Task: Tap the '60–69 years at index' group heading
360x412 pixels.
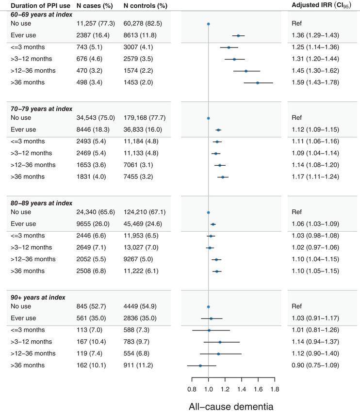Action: (x=41, y=15)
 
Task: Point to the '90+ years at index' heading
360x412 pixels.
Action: (x=37, y=297)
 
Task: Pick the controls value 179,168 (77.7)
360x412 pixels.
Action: (x=145, y=118)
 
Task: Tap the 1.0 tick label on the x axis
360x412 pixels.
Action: (x=208, y=388)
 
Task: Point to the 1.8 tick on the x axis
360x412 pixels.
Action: (x=275, y=388)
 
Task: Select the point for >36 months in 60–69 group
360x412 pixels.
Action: (x=258, y=82)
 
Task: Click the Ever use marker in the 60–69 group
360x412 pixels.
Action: (x=238, y=35)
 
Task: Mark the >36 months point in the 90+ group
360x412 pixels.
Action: (x=200, y=365)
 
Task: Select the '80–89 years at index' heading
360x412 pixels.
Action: (x=41, y=203)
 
